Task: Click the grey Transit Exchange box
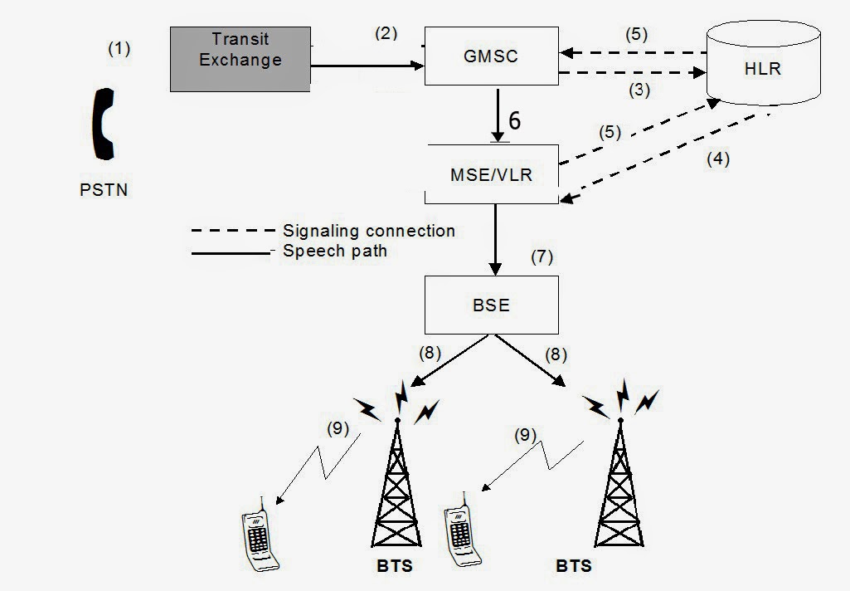(240, 57)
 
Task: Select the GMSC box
(491, 56)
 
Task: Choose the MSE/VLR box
(491, 175)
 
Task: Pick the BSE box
(491, 305)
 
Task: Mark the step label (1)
(119, 48)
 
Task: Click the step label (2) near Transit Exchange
(386, 33)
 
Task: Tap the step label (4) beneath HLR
(718, 159)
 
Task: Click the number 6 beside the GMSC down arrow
(515, 121)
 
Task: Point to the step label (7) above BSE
(541, 256)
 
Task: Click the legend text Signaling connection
(368, 231)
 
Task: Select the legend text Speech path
(334, 251)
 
